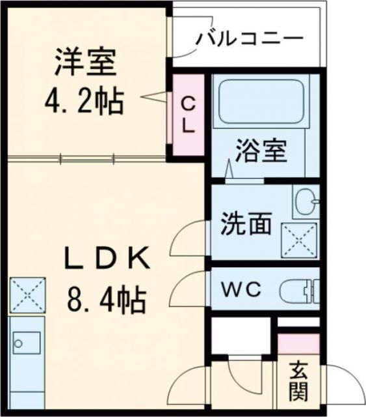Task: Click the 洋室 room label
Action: (x=85, y=63)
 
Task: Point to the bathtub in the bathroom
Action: (x=261, y=102)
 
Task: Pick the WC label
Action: (x=243, y=289)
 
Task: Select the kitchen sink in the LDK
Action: (x=27, y=342)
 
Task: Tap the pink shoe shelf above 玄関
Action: (x=299, y=343)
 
